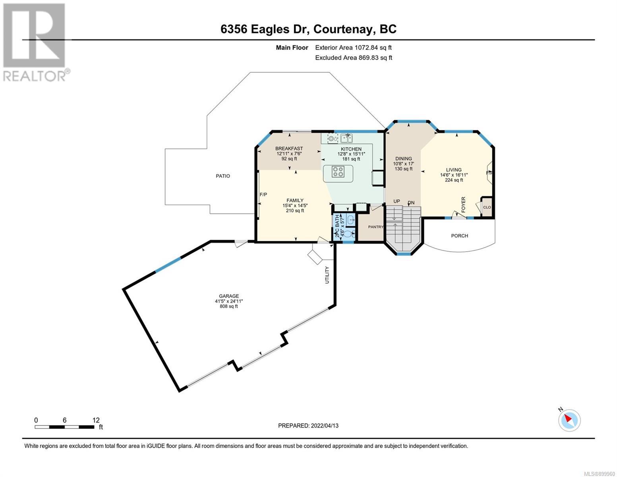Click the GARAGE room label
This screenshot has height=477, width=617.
[x=229, y=296]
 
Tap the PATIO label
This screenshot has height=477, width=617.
[x=223, y=176]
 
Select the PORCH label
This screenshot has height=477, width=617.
[x=459, y=236]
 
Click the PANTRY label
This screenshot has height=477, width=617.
[x=376, y=227]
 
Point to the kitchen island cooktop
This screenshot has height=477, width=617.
[x=338, y=172]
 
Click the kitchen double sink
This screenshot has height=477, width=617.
[x=346, y=139]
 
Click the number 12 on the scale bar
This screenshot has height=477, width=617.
[x=96, y=420]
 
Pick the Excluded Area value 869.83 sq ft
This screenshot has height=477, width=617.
[x=375, y=58]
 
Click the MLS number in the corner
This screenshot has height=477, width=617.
[x=600, y=473]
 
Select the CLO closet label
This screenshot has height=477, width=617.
[x=487, y=207]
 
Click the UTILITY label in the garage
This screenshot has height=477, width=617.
[x=327, y=275]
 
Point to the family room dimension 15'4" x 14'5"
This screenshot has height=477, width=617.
[x=295, y=206]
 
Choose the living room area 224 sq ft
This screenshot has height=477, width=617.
[x=454, y=180]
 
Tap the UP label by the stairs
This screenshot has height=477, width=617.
[x=397, y=202]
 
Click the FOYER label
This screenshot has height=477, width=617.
[x=463, y=205]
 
